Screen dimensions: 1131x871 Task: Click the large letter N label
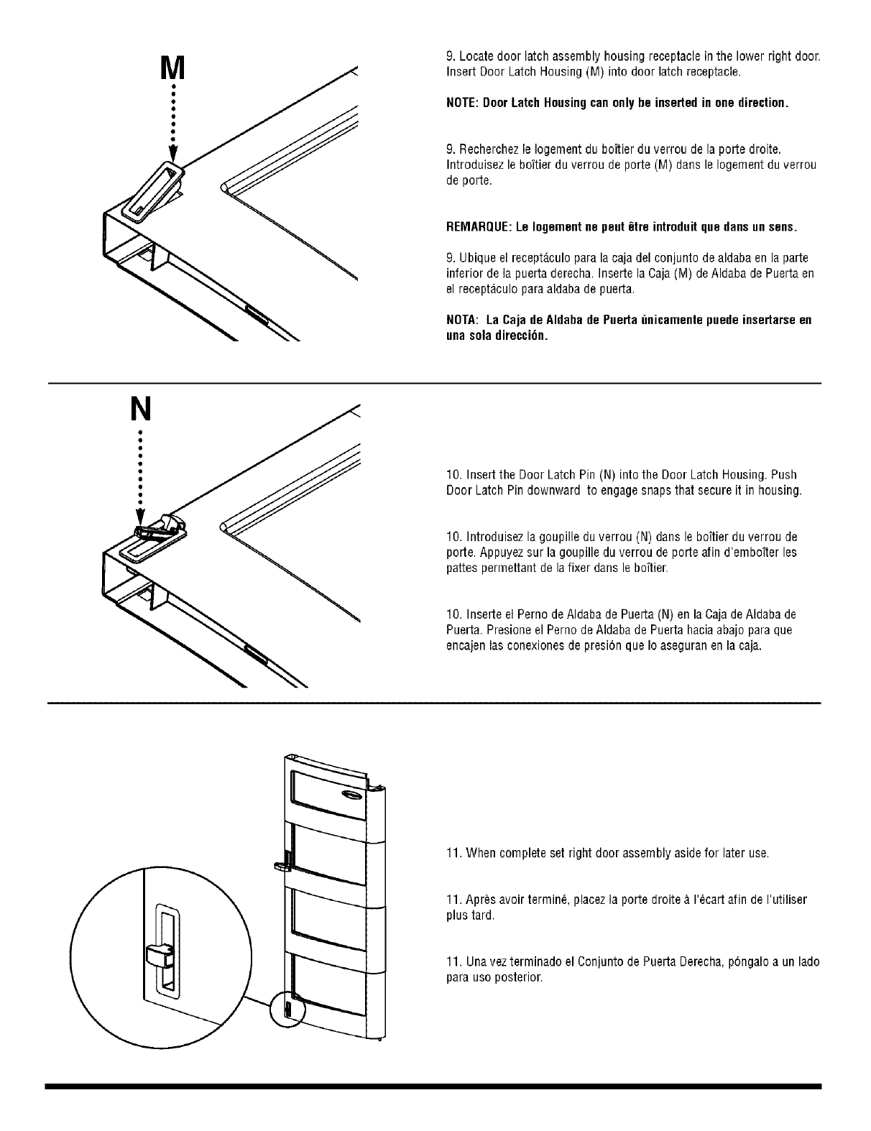(x=142, y=409)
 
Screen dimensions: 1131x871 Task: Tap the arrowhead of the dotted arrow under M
(x=172, y=156)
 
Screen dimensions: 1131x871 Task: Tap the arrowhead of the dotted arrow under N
(x=141, y=520)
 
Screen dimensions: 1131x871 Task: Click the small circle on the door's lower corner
(x=287, y=1010)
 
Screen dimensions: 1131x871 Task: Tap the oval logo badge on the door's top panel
(x=351, y=793)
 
